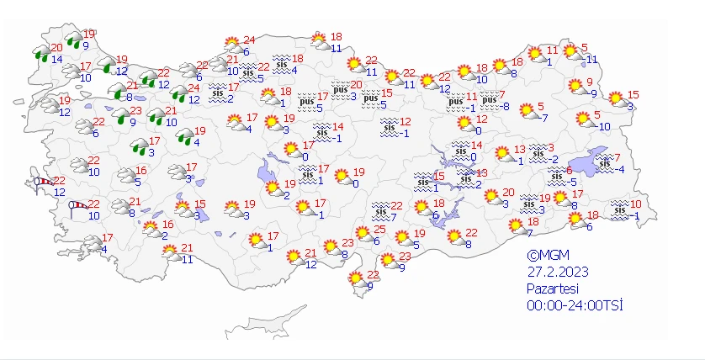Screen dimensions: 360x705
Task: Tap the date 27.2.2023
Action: [559, 272]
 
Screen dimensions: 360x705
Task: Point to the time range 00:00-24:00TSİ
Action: [575, 304]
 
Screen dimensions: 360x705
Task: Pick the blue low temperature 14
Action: [56, 59]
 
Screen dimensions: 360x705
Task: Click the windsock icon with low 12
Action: [42, 182]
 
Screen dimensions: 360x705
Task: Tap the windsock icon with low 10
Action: [77, 204]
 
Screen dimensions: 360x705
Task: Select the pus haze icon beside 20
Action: [341, 88]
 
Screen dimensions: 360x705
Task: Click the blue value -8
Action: [504, 106]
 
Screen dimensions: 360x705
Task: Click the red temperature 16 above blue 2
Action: [167, 225]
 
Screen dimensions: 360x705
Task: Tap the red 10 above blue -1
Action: [635, 204]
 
